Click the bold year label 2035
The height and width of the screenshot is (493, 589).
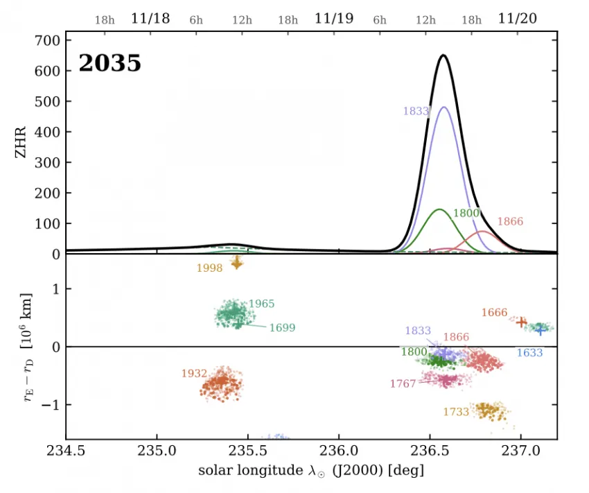(109, 63)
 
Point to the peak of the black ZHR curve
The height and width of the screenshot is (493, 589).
(443, 55)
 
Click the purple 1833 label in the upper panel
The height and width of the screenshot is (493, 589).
(416, 111)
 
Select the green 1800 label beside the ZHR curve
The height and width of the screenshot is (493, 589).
(466, 214)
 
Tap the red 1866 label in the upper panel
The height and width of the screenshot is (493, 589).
(510, 222)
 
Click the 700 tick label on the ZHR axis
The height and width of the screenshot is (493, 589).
(47, 41)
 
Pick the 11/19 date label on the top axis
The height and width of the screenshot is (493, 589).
(334, 19)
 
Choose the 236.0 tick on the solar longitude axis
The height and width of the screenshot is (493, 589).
(339, 451)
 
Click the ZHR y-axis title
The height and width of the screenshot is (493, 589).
(21, 142)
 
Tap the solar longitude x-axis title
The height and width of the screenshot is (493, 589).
(311, 470)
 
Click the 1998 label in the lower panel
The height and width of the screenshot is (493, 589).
(209, 268)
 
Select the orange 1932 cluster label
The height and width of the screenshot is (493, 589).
(194, 374)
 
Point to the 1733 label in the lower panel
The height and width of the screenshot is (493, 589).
(456, 412)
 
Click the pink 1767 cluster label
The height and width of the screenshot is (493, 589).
(403, 383)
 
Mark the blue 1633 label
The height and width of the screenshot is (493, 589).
(529, 353)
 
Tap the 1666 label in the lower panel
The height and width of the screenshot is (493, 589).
(494, 313)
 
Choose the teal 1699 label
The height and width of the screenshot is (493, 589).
(283, 328)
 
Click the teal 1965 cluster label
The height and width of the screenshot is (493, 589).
(261, 304)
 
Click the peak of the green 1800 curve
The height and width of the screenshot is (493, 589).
(439, 209)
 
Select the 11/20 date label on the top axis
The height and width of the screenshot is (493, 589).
(517, 19)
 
